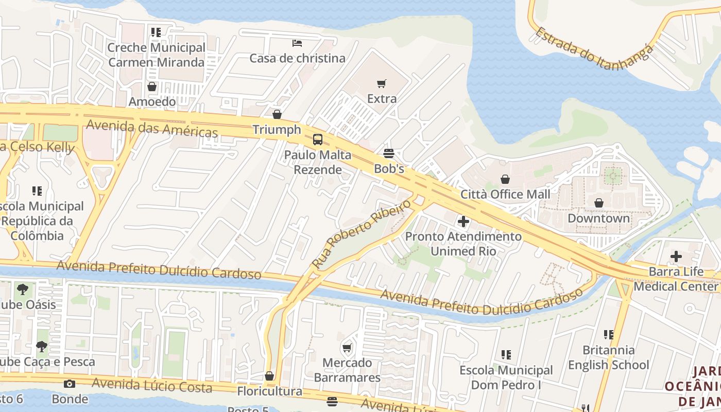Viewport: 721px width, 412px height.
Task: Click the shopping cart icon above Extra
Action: pos(382,83)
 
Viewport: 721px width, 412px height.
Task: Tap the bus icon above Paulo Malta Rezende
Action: pos(318,139)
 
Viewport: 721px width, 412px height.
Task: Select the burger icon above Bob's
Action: pos(388,153)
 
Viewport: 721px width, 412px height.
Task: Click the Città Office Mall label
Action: pos(505,194)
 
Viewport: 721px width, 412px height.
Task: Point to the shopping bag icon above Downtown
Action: pos(598,203)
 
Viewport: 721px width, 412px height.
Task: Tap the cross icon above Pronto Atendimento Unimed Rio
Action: pos(463,221)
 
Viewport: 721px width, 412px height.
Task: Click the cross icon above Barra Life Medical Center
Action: pos(676,256)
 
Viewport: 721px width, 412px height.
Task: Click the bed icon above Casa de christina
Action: pos(297,43)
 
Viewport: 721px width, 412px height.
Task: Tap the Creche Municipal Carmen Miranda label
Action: pos(156,55)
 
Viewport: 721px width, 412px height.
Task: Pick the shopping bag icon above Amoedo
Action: pos(151,86)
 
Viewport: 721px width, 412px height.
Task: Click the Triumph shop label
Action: pos(277,130)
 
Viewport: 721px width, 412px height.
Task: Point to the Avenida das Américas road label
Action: pos(152,128)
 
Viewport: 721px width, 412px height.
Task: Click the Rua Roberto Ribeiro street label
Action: pos(362,233)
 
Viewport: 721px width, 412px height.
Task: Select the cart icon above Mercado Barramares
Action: pos(347,348)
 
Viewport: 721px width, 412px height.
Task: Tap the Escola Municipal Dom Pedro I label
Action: pos(506,377)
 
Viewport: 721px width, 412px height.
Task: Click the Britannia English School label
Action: pos(608,357)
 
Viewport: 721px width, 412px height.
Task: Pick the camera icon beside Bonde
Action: pos(70,384)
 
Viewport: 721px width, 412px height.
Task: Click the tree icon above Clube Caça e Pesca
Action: pos(42,347)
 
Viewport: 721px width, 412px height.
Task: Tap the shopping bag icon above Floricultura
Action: pos(269,376)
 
